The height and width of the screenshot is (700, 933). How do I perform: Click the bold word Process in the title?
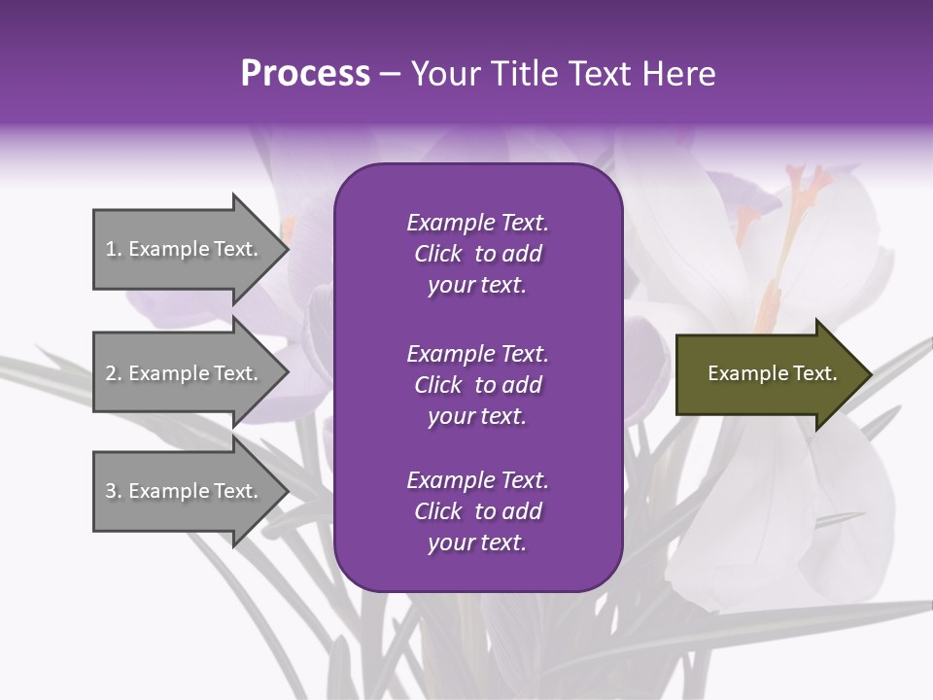click(305, 74)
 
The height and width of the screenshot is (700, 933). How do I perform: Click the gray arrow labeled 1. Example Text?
click(185, 249)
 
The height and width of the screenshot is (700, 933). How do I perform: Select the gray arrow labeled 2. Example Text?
click(185, 373)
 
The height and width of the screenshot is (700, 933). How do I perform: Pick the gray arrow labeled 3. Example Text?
click(185, 491)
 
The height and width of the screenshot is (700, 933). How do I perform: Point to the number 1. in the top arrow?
click(114, 249)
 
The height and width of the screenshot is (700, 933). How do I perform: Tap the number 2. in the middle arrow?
click(114, 373)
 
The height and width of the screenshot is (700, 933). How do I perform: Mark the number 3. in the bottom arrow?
click(114, 491)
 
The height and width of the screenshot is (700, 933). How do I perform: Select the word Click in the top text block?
click(437, 254)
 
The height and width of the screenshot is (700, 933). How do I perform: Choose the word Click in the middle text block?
click(437, 385)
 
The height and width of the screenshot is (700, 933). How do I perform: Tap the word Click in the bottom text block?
click(437, 511)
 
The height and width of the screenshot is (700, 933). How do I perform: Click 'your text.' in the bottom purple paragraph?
click(477, 543)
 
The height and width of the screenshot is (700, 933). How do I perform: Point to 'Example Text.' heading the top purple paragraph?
click(477, 223)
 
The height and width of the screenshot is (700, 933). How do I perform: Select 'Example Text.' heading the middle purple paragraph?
click(477, 353)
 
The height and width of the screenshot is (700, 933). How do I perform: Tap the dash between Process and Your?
click(391, 74)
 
